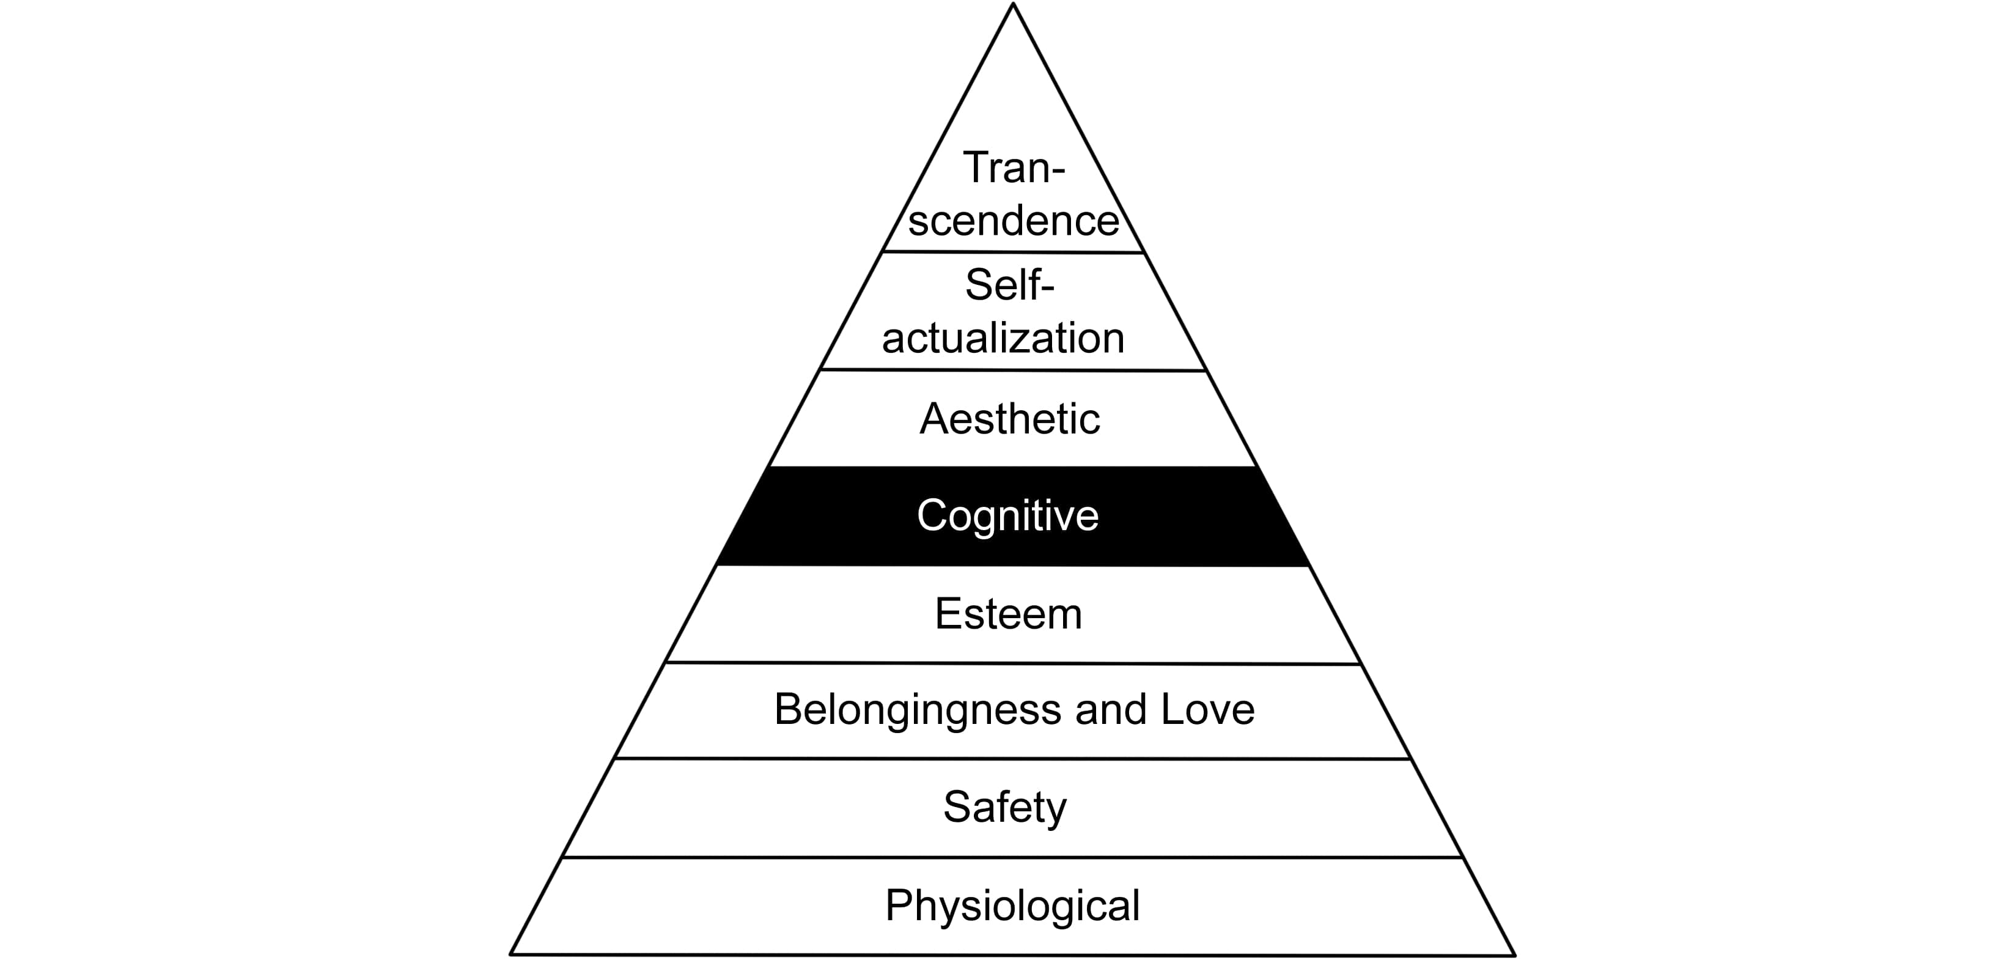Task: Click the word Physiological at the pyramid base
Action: click(x=1012, y=906)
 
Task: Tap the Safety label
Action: click(x=1004, y=807)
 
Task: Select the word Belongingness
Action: click(x=918, y=710)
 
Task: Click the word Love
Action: click(x=1208, y=709)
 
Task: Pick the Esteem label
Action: click(x=1008, y=613)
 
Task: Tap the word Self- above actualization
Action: click(x=1009, y=285)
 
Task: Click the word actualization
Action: click(x=1003, y=338)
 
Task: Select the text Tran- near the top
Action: click(x=1014, y=167)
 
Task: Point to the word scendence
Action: click(x=1014, y=220)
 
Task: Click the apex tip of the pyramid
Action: click(x=1013, y=5)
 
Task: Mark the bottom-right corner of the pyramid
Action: click(x=1514, y=954)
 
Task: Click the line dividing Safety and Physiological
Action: click(x=1012, y=857)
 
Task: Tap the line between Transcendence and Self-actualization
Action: click(x=1013, y=252)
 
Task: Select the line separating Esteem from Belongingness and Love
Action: click(x=1013, y=663)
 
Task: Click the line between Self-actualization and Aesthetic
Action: click(x=1013, y=371)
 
